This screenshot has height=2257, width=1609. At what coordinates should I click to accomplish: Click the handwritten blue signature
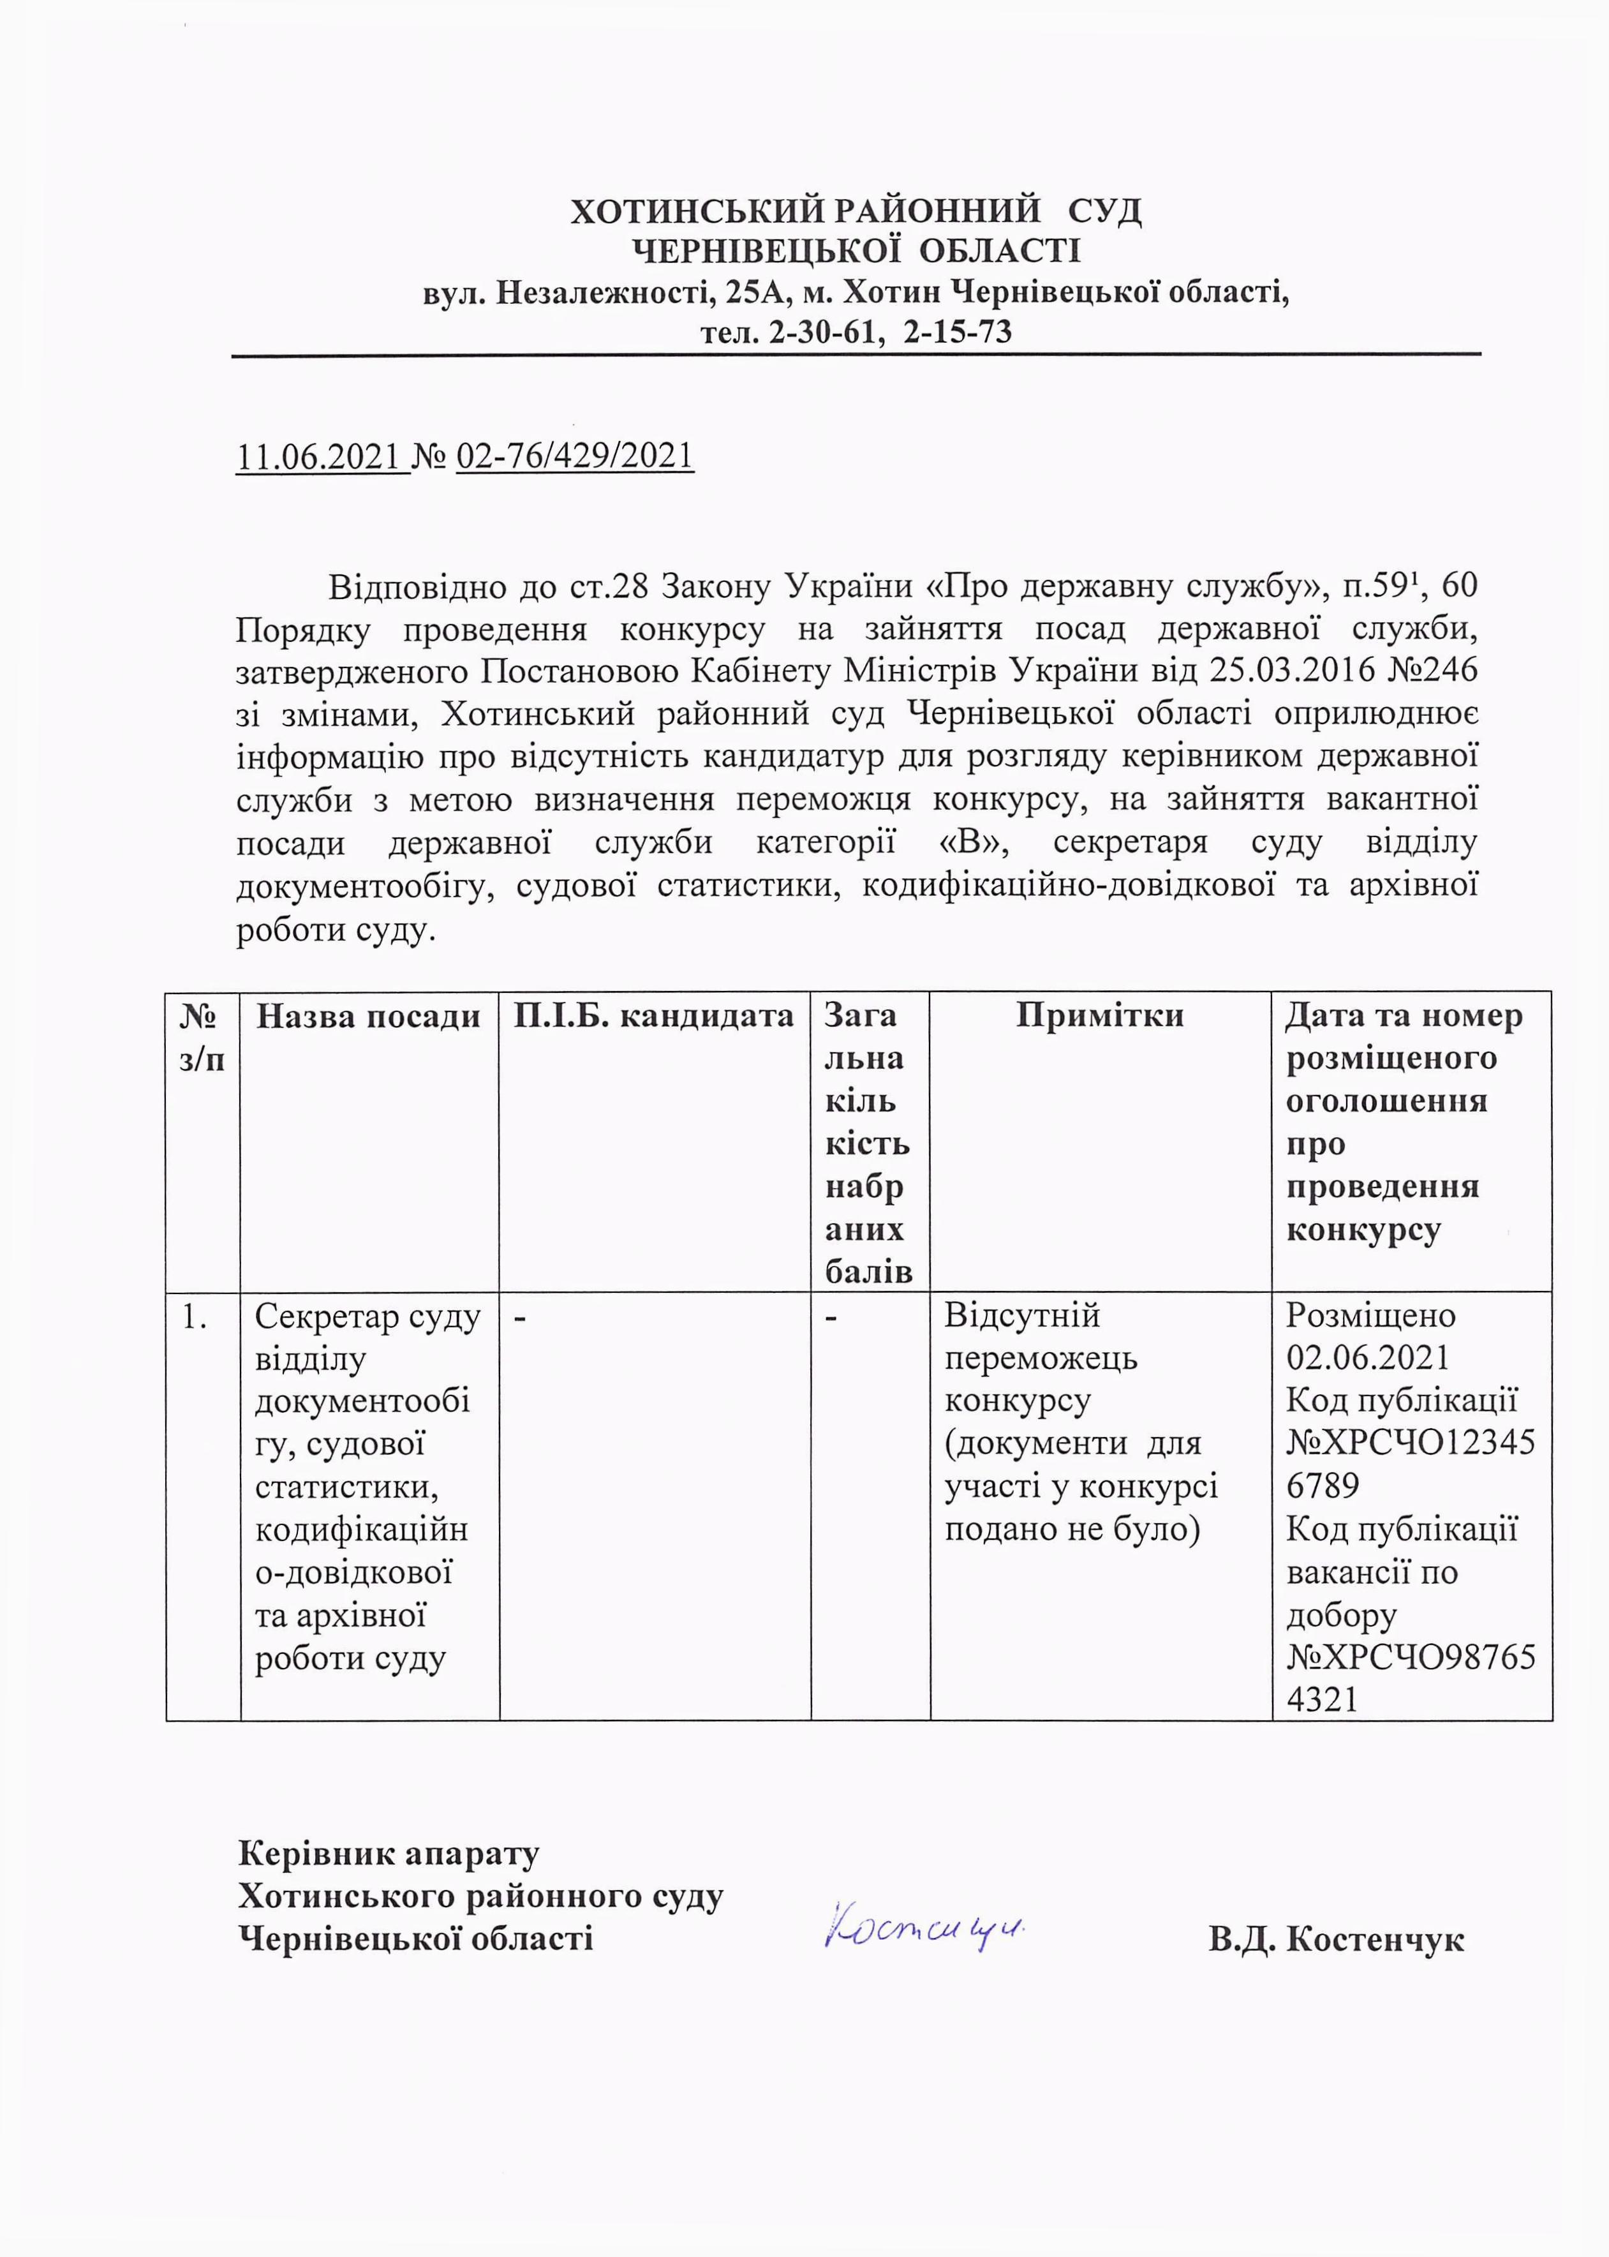click(921, 1925)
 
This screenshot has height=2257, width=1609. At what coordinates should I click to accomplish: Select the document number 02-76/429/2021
click(575, 456)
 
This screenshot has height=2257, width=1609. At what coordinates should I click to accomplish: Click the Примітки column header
click(1100, 1017)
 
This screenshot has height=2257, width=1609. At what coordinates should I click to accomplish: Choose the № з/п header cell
click(202, 1038)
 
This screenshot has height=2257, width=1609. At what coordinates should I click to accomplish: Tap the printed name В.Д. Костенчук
click(1335, 1939)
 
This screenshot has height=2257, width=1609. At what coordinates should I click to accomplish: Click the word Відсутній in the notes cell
click(1021, 1316)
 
